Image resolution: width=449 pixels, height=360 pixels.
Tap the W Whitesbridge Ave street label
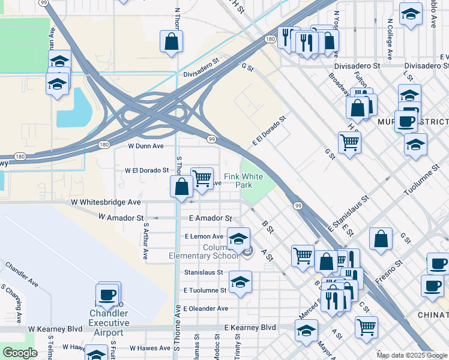tap(106, 203)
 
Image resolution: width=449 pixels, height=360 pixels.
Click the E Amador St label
tap(210, 219)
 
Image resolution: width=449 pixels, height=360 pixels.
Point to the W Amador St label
tap(121, 217)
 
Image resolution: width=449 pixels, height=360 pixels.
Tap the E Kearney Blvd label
tap(250, 328)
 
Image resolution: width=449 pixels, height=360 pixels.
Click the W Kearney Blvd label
tap(55, 329)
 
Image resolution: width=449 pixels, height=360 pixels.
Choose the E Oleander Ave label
tap(206, 308)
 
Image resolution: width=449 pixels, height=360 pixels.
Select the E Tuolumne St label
tap(205, 290)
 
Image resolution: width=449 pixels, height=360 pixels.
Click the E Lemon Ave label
tap(204, 236)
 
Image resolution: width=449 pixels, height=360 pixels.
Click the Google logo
tap(19, 353)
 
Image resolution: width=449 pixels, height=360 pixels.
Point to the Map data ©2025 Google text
tap(411, 355)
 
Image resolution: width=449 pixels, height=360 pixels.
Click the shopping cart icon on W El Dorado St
tap(202, 178)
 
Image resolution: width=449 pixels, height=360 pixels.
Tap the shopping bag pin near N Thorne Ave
tap(171, 41)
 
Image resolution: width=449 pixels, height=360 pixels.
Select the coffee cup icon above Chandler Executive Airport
tap(108, 295)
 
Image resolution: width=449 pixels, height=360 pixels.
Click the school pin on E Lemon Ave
tap(238, 239)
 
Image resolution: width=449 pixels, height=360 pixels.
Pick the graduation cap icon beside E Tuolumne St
tap(240, 281)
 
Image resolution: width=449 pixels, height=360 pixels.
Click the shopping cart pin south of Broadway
tap(349, 143)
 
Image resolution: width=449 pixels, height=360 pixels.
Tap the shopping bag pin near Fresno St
tap(381, 238)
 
